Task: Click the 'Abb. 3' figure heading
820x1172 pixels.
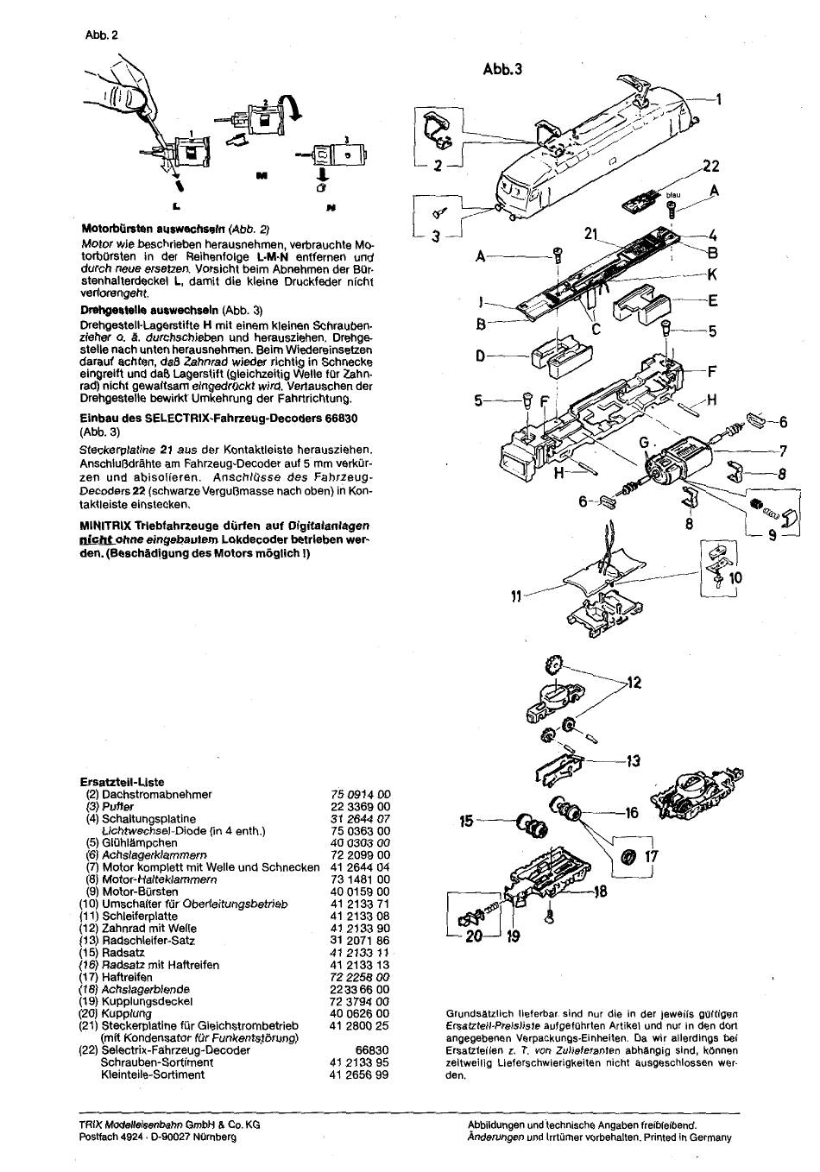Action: [x=503, y=69]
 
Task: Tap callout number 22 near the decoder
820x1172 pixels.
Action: [x=711, y=166]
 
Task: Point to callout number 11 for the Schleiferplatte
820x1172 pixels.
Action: [x=516, y=596]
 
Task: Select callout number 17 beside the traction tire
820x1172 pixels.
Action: [x=652, y=856]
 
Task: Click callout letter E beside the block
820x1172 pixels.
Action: [x=712, y=301]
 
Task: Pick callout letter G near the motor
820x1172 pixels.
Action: [x=644, y=443]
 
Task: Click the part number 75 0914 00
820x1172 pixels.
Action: [x=361, y=794]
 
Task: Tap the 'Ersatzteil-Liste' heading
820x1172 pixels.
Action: [x=122, y=782]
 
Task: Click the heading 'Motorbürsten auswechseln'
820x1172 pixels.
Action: [x=154, y=229]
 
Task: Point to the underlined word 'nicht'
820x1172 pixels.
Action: [x=92, y=539]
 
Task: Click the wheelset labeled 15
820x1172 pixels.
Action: [x=533, y=826]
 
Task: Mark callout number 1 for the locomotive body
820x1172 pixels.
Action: [x=719, y=98]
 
